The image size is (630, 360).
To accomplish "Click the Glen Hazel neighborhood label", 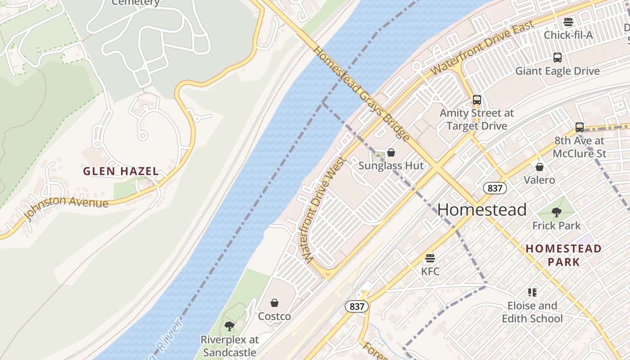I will pos(121,171).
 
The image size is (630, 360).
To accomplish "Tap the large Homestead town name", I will pos(481,210).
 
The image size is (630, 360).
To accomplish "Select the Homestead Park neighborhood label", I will pos(563,255).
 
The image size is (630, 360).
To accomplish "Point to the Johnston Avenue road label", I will pos(67,208).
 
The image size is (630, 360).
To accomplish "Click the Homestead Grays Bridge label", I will pos(361,94).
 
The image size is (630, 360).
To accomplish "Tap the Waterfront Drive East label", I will pos(482,48).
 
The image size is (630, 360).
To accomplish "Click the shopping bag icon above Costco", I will pos(274,303).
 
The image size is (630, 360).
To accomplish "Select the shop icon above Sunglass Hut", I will pos(391,153).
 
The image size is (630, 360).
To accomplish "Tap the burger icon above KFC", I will pos(430,258).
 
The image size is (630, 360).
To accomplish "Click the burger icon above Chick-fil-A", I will pos(568,22).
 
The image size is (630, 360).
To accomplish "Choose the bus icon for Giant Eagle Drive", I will pos(558,58).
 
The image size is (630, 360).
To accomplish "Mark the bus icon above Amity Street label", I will pos(477,100).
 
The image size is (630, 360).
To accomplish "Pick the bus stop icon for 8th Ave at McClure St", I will pos(580,127).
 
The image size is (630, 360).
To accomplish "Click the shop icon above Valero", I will pos(540,167).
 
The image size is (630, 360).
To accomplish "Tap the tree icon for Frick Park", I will pos(557,212).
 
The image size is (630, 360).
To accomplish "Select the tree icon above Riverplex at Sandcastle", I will pos(229,326).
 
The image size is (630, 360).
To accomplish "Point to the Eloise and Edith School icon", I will pos(532,292).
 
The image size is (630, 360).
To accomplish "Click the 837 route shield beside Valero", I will pos(495,188).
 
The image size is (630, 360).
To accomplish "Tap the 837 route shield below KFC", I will pos(357,307).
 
